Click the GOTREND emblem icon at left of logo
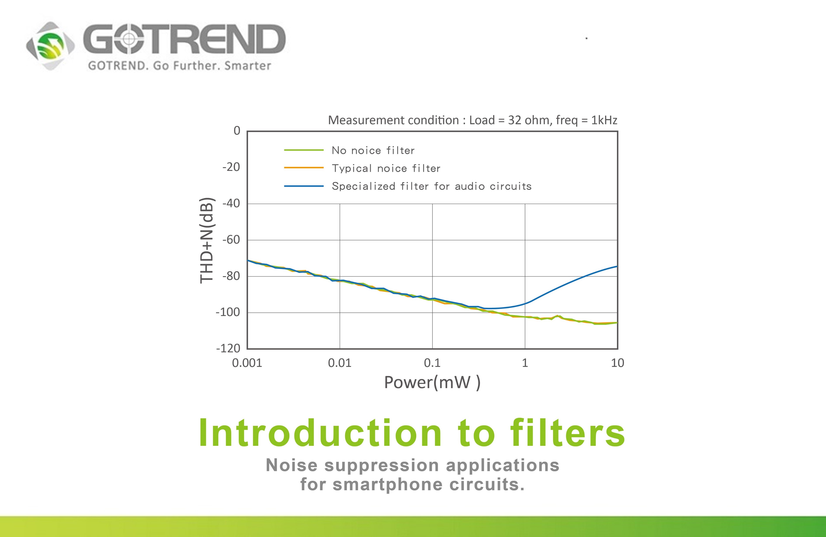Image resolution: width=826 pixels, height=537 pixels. click(x=50, y=46)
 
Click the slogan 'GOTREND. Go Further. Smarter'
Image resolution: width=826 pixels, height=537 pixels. click(x=179, y=66)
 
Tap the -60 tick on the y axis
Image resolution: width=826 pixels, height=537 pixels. click(x=231, y=240)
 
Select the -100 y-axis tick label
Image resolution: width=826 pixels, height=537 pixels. click(x=228, y=312)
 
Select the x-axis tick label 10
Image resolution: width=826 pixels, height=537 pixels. click(x=617, y=363)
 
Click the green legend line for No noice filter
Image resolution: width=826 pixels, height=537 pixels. click(x=304, y=150)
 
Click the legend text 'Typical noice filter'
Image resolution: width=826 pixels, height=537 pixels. click(x=386, y=168)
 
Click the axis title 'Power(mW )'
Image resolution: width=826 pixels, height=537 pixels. click(x=432, y=382)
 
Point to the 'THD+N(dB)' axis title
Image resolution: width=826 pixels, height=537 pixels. click(x=207, y=240)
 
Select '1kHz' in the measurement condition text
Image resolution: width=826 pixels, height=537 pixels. click(x=604, y=120)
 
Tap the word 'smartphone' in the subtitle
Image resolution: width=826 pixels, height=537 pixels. click(x=387, y=485)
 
